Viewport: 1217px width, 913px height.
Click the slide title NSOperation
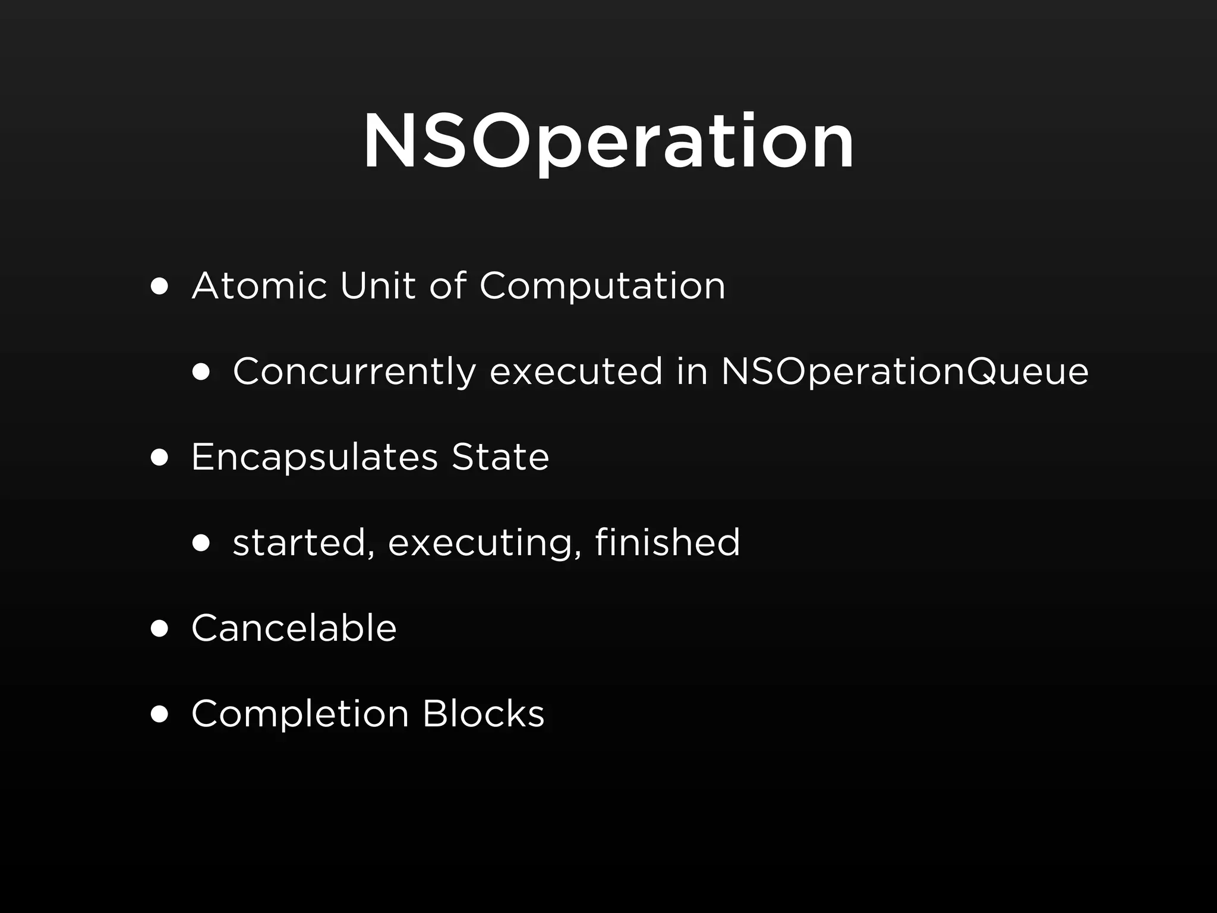click(x=608, y=143)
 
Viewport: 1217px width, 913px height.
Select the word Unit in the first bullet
click(x=377, y=286)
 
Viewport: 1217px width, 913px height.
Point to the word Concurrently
click(x=354, y=372)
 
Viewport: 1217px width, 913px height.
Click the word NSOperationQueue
click(x=904, y=372)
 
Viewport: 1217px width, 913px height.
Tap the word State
click(x=500, y=457)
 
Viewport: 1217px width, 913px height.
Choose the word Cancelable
click(x=294, y=628)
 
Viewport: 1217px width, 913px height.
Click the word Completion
click(x=300, y=714)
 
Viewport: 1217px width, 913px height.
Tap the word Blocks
click(x=483, y=713)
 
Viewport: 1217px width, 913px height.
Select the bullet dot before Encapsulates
click(x=159, y=458)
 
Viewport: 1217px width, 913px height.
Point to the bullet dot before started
click(x=201, y=544)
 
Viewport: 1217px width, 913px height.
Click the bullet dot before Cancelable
click(x=159, y=629)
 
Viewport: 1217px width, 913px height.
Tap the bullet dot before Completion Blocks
click(x=159, y=714)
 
